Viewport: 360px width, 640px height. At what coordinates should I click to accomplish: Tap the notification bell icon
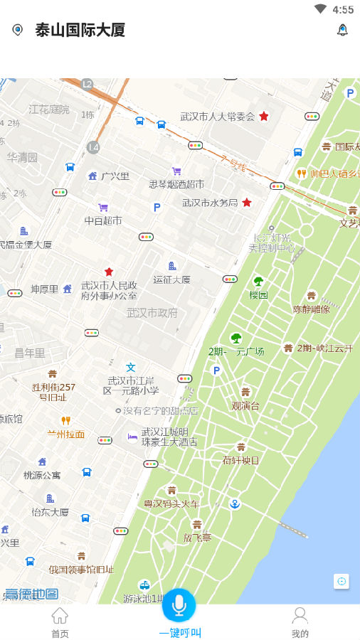[342, 30]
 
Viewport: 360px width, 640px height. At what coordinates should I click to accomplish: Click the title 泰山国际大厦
[80, 30]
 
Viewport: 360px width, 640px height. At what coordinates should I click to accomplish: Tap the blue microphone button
[179, 605]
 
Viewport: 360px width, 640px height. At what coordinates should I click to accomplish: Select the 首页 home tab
[60, 622]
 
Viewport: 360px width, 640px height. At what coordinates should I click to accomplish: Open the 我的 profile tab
[300, 622]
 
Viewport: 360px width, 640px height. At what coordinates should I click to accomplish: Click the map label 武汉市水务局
[209, 203]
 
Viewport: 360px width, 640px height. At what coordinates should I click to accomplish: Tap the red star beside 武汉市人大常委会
[264, 116]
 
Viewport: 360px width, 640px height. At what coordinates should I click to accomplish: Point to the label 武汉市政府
[152, 312]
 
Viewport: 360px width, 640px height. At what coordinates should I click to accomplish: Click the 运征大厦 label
[172, 279]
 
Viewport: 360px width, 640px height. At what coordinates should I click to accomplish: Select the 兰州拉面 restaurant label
[66, 434]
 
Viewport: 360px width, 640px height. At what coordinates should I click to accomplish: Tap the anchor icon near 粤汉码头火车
[235, 503]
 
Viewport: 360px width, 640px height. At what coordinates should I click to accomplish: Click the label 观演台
[245, 406]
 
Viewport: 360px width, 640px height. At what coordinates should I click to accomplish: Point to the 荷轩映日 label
[240, 459]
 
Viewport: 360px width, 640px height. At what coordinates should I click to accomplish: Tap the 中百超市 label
[103, 220]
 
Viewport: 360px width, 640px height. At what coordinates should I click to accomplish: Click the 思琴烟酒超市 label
[176, 184]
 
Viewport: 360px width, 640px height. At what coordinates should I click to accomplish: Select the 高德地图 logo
[31, 594]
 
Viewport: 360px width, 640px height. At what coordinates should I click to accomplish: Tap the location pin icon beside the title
[18, 30]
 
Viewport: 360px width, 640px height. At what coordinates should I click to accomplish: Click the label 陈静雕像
[312, 309]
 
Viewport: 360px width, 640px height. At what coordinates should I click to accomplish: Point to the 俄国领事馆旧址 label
[81, 569]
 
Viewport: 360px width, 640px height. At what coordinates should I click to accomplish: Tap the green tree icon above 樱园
[258, 282]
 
